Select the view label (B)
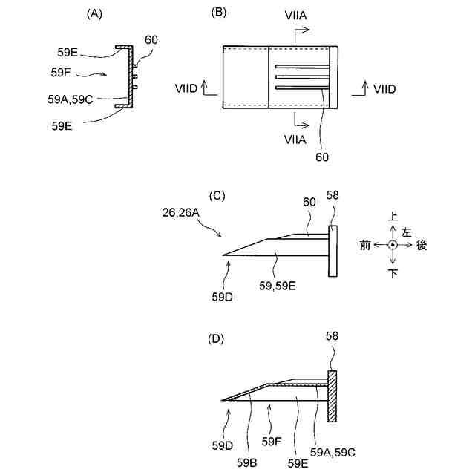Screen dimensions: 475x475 tap(219, 13)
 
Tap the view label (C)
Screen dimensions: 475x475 tap(218, 196)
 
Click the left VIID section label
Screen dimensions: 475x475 tap(186, 89)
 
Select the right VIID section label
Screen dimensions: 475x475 tap(384, 89)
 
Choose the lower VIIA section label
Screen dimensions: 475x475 tap(296, 138)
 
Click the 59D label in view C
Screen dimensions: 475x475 tap(223, 297)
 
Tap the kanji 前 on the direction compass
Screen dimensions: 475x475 tap(364, 246)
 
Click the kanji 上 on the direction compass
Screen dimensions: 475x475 tap(393, 216)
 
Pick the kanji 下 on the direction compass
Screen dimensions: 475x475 tap(393, 275)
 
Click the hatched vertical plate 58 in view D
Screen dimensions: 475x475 tap(332, 396)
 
